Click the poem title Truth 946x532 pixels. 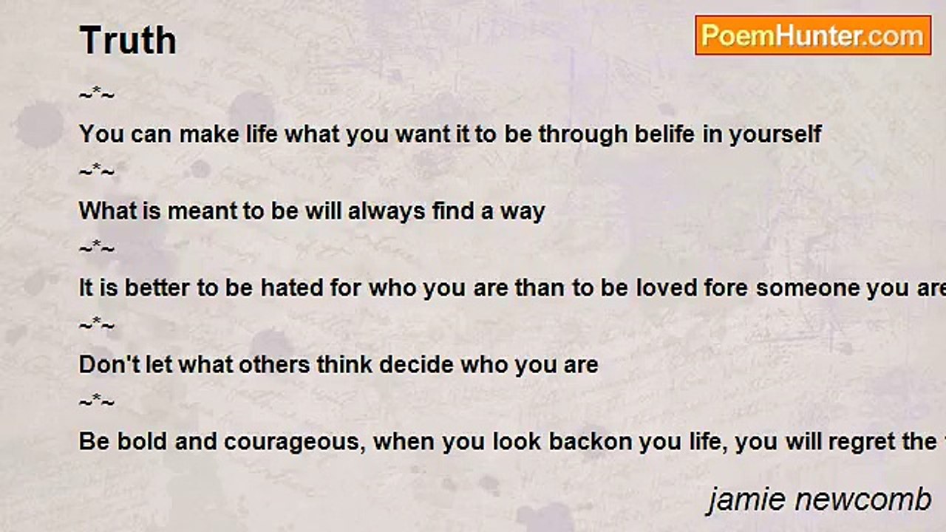click(x=128, y=40)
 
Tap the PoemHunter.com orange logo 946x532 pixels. click(x=813, y=35)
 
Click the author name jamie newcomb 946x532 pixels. click(x=820, y=500)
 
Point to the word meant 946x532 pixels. click(x=202, y=211)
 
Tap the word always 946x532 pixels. click(x=387, y=211)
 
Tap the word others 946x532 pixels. click(x=274, y=365)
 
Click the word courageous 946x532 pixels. click(x=294, y=443)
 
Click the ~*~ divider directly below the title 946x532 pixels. click(x=97, y=94)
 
